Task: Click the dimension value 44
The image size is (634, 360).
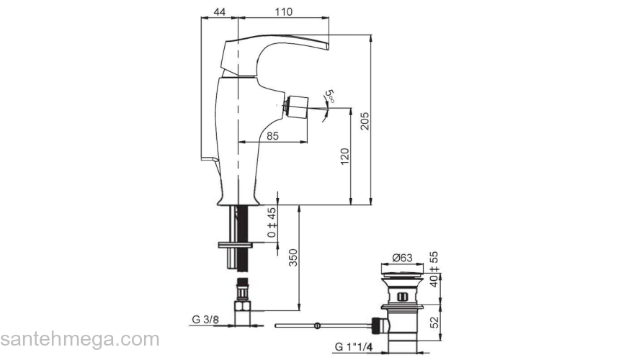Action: tap(220, 12)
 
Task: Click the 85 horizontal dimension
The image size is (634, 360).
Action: tap(272, 135)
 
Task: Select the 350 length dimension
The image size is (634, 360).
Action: tap(293, 258)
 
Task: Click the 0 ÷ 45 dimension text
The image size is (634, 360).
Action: tap(272, 223)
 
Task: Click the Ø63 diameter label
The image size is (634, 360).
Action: tap(401, 258)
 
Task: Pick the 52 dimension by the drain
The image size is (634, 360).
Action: tap(434, 321)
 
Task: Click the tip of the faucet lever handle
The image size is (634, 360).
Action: tap(326, 45)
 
